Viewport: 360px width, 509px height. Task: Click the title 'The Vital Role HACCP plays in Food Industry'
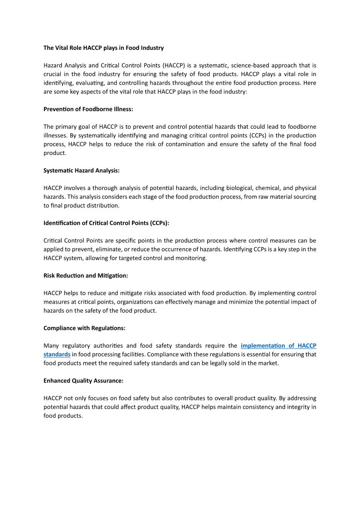(x=103, y=48)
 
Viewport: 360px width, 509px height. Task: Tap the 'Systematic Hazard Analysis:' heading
(x=81, y=170)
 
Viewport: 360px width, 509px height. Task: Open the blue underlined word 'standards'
(x=57, y=354)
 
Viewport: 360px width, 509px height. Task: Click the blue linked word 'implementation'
(x=264, y=346)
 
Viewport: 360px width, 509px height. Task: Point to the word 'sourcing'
(x=305, y=197)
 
